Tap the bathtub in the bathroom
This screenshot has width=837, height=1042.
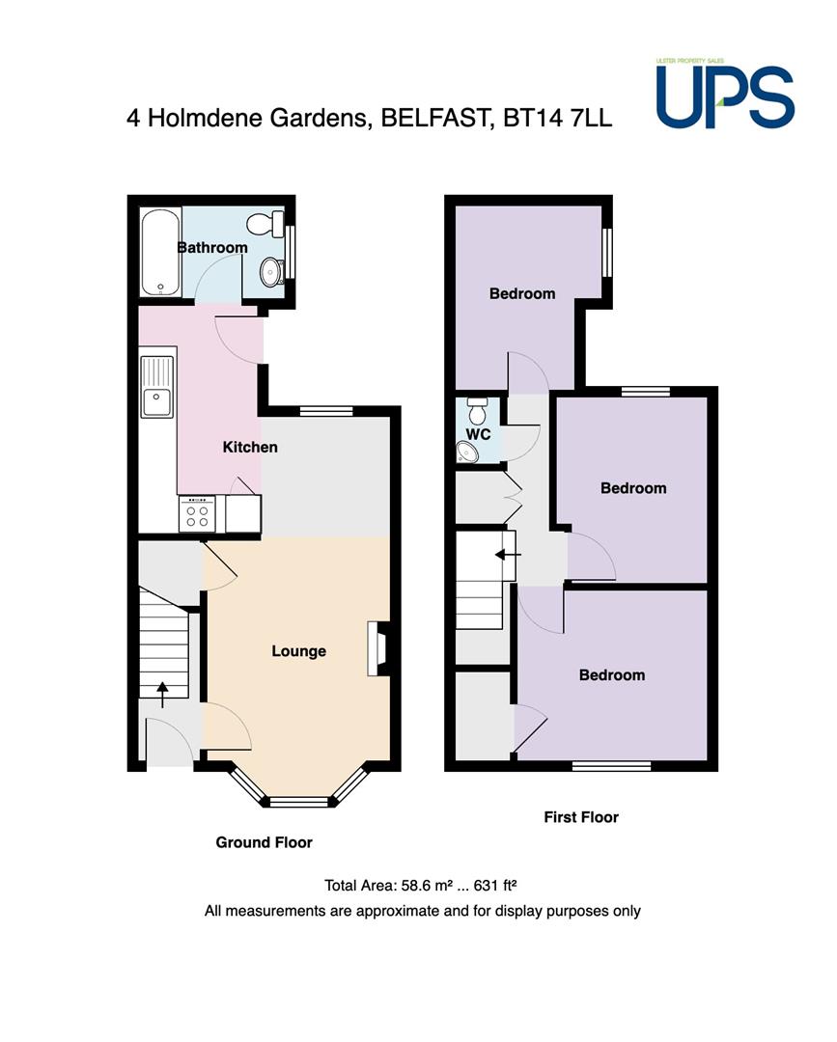pyautogui.click(x=160, y=253)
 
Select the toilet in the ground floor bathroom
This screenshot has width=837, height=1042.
pyautogui.click(x=265, y=224)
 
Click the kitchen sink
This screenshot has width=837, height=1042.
pyautogui.click(x=157, y=388)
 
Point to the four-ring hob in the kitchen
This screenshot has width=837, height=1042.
pyautogui.click(x=198, y=514)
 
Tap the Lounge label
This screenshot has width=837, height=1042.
pyautogui.click(x=298, y=651)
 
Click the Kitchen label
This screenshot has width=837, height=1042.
pyautogui.click(x=250, y=448)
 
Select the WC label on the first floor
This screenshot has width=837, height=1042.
pyautogui.click(x=478, y=434)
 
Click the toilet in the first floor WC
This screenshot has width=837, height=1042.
pyautogui.click(x=477, y=411)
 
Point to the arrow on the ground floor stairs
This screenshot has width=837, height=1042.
pyautogui.click(x=162, y=695)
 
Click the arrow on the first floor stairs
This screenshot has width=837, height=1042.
pyautogui.click(x=507, y=554)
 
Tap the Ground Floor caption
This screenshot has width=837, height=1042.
pyautogui.click(x=264, y=842)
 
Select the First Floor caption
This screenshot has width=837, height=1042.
pyautogui.click(x=581, y=817)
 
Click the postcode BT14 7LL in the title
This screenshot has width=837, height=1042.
pyautogui.click(x=557, y=118)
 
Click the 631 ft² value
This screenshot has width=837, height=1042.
pyautogui.click(x=495, y=886)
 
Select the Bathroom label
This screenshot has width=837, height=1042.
pyautogui.click(x=212, y=248)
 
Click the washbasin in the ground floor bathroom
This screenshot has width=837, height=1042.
pyautogui.click(x=270, y=272)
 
